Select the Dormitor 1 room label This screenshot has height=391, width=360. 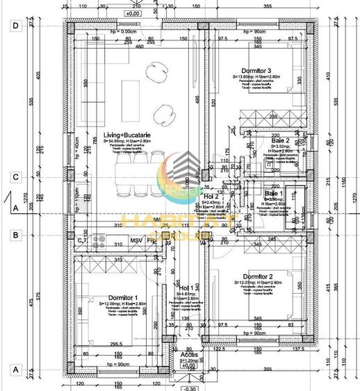[113, 297]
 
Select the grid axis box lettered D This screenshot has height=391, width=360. [15, 26]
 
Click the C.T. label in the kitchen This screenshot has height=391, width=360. [82, 240]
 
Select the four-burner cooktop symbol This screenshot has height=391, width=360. [99, 242]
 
